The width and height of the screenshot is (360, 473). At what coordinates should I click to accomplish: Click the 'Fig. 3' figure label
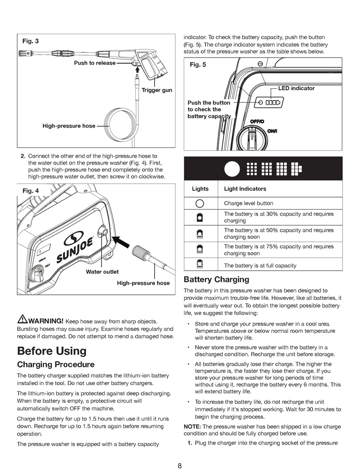(x=30, y=41)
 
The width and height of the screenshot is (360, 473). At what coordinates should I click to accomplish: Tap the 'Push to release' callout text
(x=95, y=63)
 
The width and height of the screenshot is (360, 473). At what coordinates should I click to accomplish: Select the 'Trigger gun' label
(x=157, y=90)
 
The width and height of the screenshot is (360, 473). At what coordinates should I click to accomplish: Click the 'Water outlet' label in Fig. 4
(x=102, y=272)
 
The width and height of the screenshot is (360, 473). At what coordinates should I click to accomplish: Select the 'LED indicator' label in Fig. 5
(x=296, y=88)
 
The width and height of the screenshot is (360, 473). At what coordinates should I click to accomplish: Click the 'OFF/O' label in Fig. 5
(x=257, y=121)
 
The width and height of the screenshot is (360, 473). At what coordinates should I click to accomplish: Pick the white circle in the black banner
(x=232, y=169)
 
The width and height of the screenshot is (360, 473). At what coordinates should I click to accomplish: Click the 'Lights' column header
(x=200, y=189)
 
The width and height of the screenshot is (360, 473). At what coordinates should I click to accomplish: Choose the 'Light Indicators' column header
(x=245, y=189)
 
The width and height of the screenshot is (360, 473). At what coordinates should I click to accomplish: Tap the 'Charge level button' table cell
(x=248, y=203)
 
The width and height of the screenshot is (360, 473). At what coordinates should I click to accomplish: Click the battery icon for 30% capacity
(x=200, y=218)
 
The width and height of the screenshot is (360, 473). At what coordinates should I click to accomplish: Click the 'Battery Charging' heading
(x=216, y=280)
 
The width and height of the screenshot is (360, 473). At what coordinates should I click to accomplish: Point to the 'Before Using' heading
(x=52, y=351)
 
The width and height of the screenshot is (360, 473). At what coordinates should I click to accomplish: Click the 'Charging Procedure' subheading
(x=56, y=365)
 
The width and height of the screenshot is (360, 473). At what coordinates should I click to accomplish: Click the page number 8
(x=180, y=466)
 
